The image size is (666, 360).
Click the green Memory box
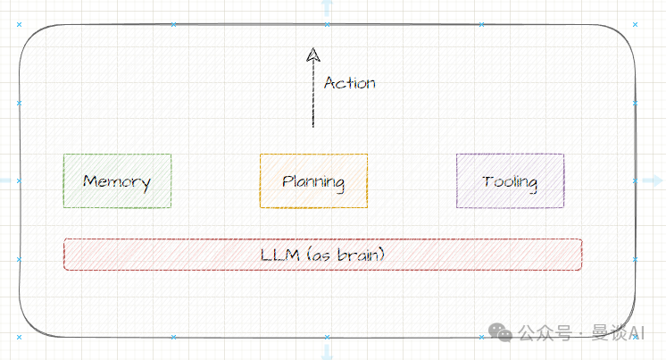117,181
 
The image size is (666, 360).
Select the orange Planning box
313,181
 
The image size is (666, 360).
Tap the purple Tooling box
510,181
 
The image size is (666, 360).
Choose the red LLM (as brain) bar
323,255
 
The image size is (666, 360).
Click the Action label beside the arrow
349,83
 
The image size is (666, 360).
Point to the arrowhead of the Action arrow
312,54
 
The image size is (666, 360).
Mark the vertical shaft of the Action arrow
312,94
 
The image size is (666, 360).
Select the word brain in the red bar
361,255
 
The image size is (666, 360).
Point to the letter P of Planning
287,181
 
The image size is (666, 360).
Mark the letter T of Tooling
487,181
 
